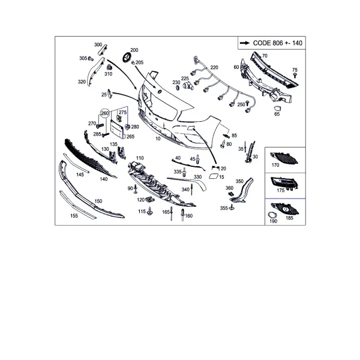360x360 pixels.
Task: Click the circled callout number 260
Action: click(104, 113)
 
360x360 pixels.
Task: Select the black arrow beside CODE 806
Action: click(245, 43)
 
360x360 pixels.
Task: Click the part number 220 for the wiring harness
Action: click(214, 67)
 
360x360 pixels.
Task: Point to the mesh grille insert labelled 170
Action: click(284, 158)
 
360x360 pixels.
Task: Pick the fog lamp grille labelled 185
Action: click(286, 209)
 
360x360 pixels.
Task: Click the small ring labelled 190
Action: click(272, 215)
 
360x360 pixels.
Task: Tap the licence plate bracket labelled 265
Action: click(118, 129)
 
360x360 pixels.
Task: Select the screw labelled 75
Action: click(295, 76)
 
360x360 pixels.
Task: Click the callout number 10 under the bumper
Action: click(158, 139)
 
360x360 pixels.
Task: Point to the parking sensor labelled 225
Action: click(188, 86)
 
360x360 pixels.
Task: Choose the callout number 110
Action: click(140, 158)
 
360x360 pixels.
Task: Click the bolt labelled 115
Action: click(150, 211)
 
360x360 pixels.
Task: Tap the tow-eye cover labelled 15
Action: click(213, 176)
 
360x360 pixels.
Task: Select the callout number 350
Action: click(239, 181)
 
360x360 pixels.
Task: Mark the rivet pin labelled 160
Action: click(183, 215)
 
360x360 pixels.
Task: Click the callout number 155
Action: click(74, 216)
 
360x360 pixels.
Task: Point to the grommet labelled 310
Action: click(109, 67)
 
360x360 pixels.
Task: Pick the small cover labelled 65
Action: click(277, 109)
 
